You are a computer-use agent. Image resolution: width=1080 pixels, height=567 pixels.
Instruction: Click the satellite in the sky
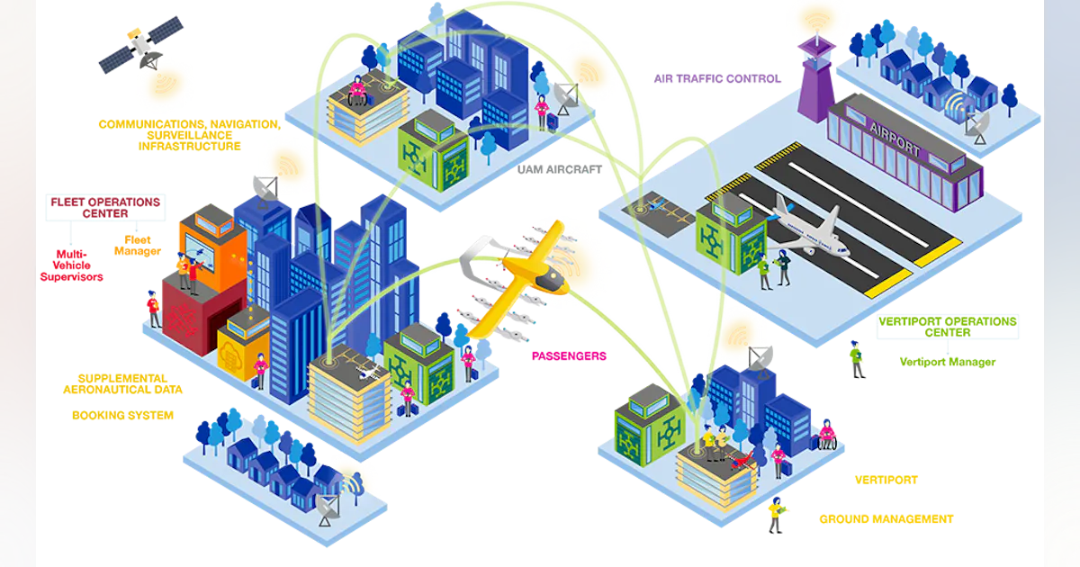click(141, 45)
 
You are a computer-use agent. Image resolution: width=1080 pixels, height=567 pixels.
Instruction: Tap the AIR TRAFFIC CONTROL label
click(717, 78)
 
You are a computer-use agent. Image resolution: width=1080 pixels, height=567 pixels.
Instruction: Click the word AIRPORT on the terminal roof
click(895, 139)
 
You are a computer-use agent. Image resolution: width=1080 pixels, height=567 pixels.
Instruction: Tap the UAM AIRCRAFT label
click(559, 170)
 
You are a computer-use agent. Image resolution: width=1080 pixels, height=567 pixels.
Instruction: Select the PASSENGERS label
click(569, 356)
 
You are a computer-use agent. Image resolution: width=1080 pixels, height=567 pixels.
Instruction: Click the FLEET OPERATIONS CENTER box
click(105, 208)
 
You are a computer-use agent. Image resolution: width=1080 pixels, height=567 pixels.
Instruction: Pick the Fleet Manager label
click(138, 246)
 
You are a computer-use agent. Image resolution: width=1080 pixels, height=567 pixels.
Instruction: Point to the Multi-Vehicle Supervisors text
click(71, 265)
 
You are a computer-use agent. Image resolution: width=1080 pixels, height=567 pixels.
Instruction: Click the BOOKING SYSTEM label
click(122, 415)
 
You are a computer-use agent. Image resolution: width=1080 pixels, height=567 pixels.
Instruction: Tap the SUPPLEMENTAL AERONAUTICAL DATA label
click(122, 383)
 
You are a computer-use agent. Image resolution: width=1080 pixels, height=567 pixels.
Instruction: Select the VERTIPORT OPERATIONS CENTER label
click(948, 327)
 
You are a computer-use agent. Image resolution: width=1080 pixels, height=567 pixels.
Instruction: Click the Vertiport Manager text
click(948, 362)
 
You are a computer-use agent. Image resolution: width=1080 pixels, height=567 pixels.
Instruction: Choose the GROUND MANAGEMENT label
click(886, 519)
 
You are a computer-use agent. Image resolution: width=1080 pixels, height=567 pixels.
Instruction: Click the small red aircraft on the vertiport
click(742, 461)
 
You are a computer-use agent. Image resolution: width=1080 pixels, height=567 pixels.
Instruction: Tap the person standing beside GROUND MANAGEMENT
click(776, 515)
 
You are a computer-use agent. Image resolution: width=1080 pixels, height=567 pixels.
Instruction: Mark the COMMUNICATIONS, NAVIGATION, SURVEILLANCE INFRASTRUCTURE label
click(190, 135)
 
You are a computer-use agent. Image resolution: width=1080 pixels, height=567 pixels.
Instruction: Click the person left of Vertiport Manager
click(856, 359)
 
